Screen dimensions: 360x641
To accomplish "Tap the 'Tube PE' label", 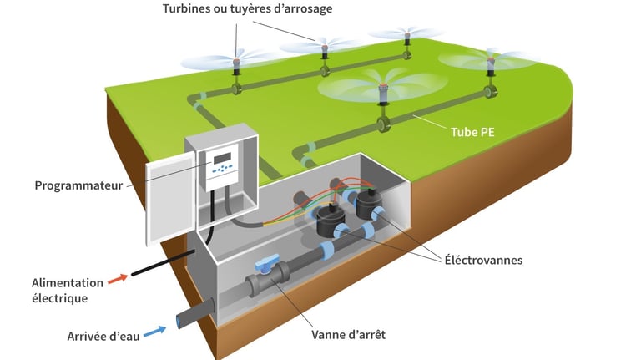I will click(x=474, y=132).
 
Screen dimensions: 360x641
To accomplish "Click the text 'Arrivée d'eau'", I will click(x=103, y=337).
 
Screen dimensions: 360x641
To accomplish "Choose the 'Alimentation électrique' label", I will click(x=68, y=290).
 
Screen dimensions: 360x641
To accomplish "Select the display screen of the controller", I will click(x=221, y=157).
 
